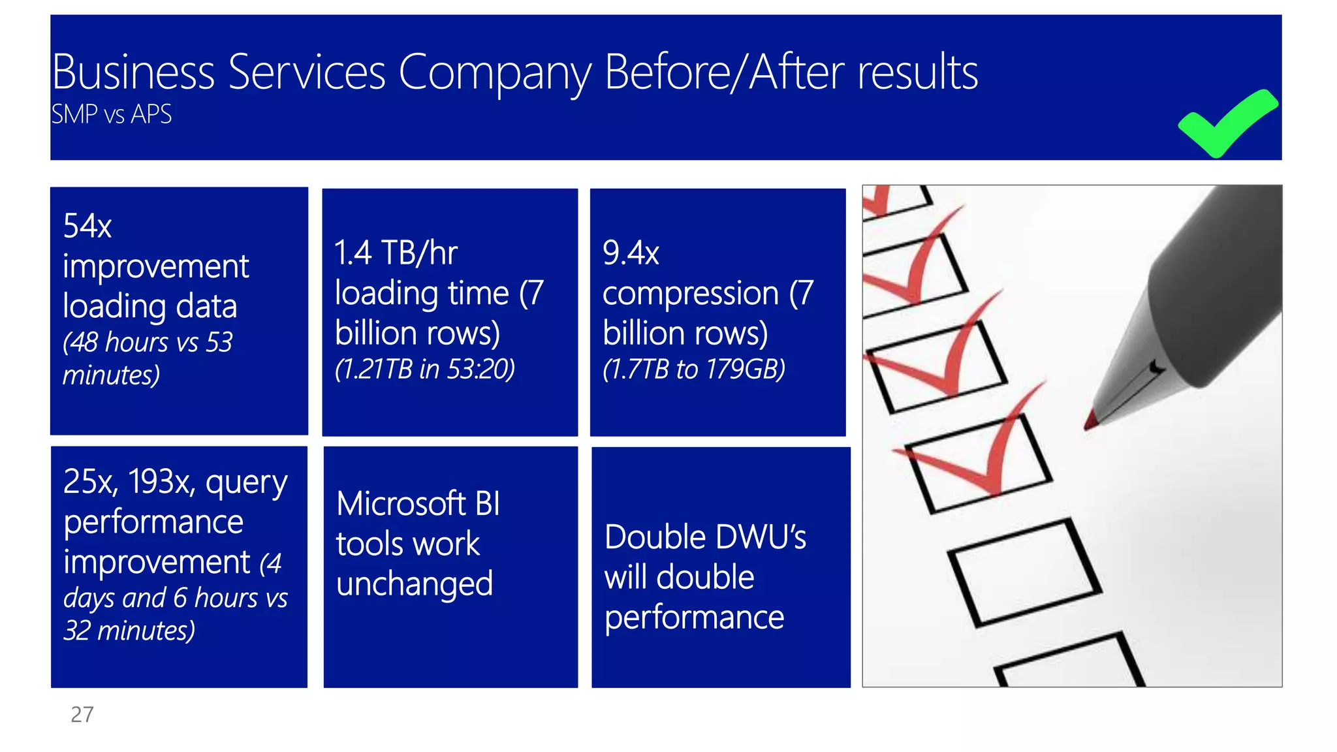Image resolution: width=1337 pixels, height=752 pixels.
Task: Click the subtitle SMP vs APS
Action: point(112,115)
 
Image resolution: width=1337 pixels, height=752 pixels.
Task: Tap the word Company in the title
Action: point(494,73)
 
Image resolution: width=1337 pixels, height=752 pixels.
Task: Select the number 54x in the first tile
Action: point(87,227)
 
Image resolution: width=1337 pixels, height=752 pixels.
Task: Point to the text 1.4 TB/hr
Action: point(396,253)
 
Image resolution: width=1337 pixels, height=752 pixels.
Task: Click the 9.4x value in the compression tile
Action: point(631,253)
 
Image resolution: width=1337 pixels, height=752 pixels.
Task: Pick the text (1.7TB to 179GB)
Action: point(693,369)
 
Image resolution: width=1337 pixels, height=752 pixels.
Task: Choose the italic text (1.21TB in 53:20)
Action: point(425,369)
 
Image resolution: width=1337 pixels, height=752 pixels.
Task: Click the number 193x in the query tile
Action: point(161,482)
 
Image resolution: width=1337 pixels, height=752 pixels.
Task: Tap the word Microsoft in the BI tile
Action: point(401,504)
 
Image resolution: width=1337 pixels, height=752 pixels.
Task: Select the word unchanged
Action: point(415,584)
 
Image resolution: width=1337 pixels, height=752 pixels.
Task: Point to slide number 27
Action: point(82,715)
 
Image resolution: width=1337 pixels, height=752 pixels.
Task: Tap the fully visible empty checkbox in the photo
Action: point(1024,572)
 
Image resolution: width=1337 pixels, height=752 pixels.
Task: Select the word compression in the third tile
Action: point(691,294)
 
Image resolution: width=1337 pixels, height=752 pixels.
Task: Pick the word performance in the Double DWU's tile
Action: point(694,618)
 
